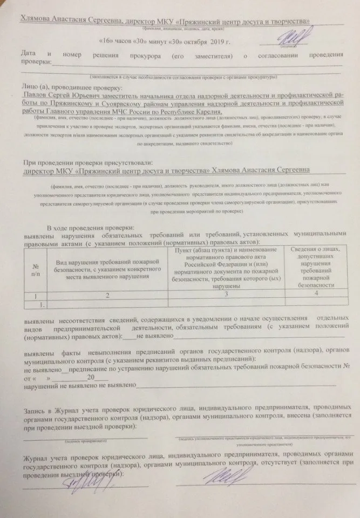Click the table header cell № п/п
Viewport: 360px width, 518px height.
point(35,269)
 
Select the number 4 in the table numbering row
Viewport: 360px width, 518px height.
point(315,293)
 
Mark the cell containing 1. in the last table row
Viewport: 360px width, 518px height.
point(37,304)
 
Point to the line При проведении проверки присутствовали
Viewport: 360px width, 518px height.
point(88,162)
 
